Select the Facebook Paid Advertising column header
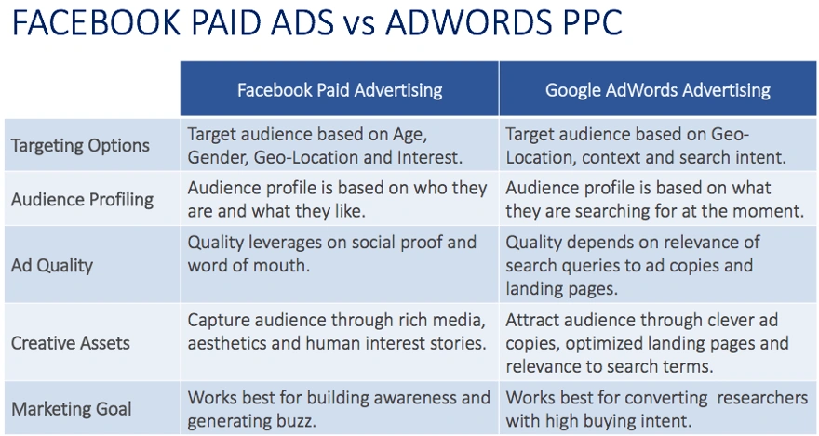pos(340,90)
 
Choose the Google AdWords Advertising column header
pos(658,90)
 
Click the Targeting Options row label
pos(80,145)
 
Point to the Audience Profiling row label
pos(83,199)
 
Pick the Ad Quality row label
pos(52,265)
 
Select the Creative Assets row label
pos(71,343)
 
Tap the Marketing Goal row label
pos(72,408)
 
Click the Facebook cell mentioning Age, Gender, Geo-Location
pos(325,145)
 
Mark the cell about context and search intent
pos(646,145)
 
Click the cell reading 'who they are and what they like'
pos(337,199)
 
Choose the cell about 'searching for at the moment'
pos(654,199)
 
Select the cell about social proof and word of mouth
pos(331,254)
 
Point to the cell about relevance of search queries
pos(633,265)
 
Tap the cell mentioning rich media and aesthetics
pos(336,332)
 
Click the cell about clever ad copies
pos(647,343)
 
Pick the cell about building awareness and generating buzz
pos(339,408)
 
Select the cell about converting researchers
pos(656,408)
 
